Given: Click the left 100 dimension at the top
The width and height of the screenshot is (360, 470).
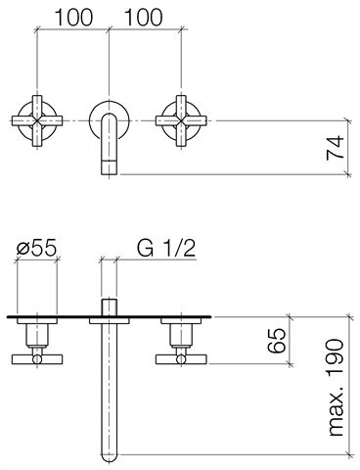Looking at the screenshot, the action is click(x=73, y=17).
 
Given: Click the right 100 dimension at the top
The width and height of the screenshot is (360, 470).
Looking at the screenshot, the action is click(x=143, y=17).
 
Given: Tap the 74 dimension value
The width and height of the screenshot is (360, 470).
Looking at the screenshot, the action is click(x=336, y=148).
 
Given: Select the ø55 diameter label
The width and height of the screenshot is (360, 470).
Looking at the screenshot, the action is click(x=36, y=248).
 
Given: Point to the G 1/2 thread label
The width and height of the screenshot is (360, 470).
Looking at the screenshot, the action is click(x=166, y=248).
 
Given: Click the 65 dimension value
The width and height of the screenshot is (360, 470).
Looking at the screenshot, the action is click(x=277, y=341).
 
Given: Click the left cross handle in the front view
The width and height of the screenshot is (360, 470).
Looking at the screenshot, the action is click(x=37, y=120).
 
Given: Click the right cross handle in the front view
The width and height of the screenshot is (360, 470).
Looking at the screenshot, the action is click(x=181, y=120).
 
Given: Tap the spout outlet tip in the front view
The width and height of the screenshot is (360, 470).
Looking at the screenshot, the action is click(x=109, y=168).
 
